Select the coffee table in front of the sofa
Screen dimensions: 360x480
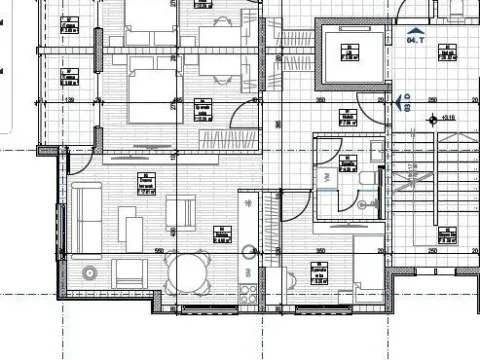(x=128, y=218)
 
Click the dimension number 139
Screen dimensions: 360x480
(x=70, y=101)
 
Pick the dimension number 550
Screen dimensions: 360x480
(x=157, y=251)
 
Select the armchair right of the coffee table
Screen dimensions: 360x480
(x=181, y=213)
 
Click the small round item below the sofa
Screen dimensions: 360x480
(x=90, y=271)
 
